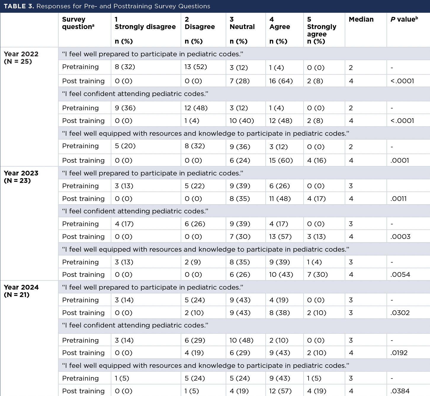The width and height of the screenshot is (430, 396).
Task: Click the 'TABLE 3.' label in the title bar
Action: [x=19, y=6]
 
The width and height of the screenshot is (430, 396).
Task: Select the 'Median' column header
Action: [x=361, y=20]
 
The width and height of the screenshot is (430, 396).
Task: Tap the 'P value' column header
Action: [x=404, y=20]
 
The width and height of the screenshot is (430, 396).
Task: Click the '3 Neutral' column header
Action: [x=242, y=23]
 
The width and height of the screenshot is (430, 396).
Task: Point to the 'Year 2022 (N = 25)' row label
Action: [x=21, y=58]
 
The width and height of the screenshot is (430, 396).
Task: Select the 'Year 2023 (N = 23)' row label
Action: [x=21, y=177]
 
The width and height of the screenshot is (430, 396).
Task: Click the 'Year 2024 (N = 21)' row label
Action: [x=21, y=291]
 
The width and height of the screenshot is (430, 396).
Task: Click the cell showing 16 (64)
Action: [x=281, y=81]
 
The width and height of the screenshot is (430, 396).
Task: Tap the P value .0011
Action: [x=398, y=199]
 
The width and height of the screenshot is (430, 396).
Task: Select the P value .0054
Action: [x=400, y=274]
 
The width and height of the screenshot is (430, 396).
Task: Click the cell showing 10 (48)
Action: [x=241, y=340]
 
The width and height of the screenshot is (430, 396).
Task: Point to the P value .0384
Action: [x=400, y=391]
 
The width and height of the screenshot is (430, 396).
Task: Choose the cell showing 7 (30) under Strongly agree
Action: [x=317, y=274]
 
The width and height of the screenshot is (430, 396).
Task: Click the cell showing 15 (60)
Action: [x=281, y=160]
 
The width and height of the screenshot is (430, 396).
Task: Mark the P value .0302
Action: [x=400, y=313]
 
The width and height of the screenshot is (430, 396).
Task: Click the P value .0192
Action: [x=399, y=353]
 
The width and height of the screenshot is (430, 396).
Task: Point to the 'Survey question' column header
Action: [x=78, y=23]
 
